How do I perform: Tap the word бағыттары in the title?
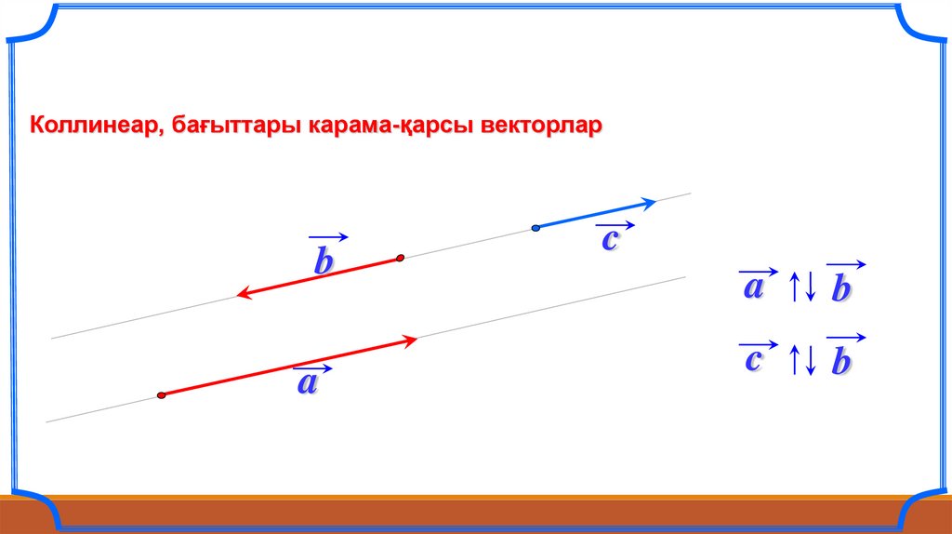tap(236, 127)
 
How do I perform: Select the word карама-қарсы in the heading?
tap(390, 127)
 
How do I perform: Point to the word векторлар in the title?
tap(541, 126)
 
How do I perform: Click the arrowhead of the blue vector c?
tap(650, 203)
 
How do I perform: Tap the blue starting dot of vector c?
tap(535, 229)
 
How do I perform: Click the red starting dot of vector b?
tap(400, 259)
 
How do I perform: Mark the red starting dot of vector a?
tap(161, 395)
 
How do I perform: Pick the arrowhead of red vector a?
tap(411, 340)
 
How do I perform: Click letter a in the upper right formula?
tap(753, 287)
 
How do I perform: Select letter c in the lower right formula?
tap(753, 360)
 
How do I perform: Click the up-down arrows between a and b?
tap(802, 287)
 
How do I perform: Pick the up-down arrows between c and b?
tap(802, 360)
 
